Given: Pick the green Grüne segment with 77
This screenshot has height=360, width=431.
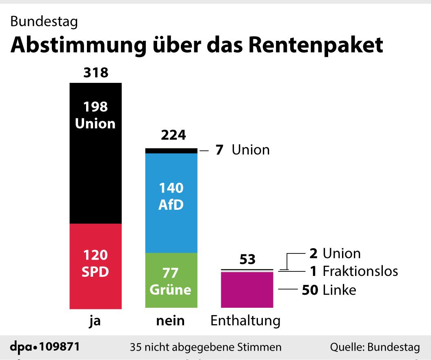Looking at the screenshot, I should [x=171, y=280].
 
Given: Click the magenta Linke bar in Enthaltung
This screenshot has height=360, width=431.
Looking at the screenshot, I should [x=247, y=290].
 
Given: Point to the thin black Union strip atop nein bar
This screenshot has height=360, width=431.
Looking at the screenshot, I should [x=171, y=151].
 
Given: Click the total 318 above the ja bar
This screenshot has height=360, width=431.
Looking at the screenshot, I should [x=96, y=73].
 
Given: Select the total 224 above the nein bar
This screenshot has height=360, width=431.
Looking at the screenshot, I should [x=173, y=135].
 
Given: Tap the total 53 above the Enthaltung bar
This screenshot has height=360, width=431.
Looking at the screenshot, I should [x=247, y=259].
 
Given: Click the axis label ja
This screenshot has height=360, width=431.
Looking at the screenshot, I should [x=95, y=321].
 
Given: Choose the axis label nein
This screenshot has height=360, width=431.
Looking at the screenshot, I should [x=170, y=321].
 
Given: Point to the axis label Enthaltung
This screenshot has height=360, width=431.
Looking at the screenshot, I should [x=245, y=321].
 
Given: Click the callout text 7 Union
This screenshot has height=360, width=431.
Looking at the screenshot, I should [x=242, y=150].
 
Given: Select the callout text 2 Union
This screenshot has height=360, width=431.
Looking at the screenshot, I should [x=335, y=253].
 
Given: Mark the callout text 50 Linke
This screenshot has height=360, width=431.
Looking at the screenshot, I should [x=329, y=290].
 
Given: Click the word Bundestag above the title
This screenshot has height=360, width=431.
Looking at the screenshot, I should [x=44, y=22].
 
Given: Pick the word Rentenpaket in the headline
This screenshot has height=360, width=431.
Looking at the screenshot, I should [x=315, y=45].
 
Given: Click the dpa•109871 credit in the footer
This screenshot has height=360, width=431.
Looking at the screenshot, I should [x=44, y=347].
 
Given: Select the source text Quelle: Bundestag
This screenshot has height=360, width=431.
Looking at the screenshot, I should [x=375, y=347].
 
